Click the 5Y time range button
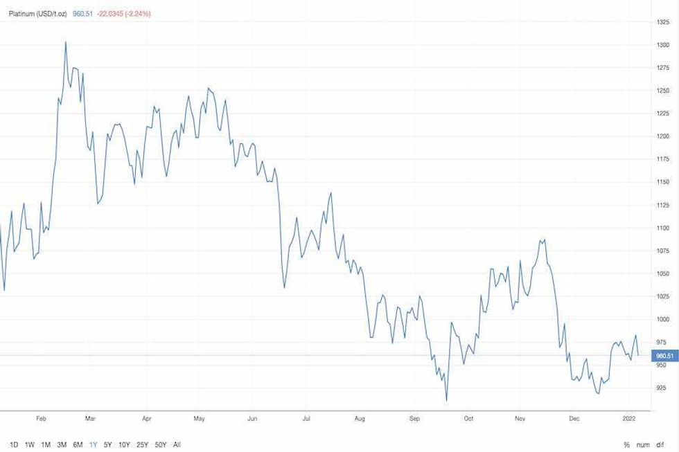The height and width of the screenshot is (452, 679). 107,444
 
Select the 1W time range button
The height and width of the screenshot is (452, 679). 30,444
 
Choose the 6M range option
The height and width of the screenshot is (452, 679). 78,444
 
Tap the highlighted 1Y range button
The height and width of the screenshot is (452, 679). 93,444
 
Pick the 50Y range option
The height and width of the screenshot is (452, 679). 160,444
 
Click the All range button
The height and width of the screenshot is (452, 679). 177,444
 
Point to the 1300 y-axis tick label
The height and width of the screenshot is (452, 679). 662,45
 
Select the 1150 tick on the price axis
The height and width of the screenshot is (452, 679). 662,182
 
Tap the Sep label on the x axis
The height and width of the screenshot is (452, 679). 414,419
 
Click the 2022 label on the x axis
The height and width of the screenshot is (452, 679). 628,419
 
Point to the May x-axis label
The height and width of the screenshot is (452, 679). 199,419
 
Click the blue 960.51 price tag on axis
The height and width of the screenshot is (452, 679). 664,356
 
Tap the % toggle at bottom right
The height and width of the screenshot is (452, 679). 626,444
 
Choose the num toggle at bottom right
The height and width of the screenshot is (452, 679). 643,444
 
